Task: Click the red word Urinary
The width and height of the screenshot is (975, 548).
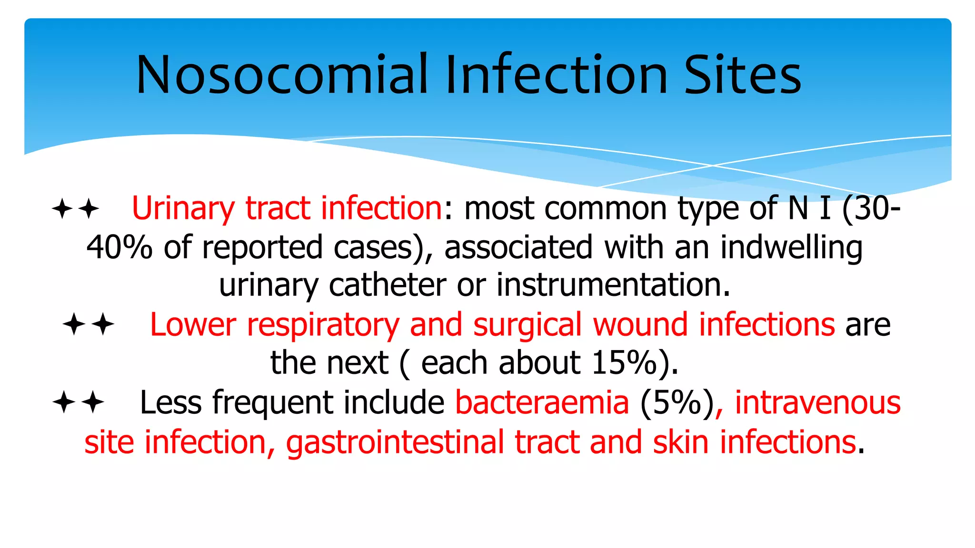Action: tap(183, 209)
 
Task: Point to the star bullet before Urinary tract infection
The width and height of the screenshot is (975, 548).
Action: tap(75, 209)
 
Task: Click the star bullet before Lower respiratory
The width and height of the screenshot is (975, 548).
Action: tap(89, 324)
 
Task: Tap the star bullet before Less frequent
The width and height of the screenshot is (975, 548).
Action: tap(78, 402)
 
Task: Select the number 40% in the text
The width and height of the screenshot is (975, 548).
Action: tap(119, 247)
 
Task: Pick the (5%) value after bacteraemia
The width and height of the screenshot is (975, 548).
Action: tap(677, 402)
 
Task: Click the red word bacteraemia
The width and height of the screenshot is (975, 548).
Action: tap(542, 402)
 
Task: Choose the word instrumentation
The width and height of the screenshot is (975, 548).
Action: tap(613, 285)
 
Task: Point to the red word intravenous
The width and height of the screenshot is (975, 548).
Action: tap(817, 402)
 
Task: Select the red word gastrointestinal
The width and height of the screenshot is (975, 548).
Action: tap(395, 442)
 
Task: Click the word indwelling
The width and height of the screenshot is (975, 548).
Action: tap(791, 247)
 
